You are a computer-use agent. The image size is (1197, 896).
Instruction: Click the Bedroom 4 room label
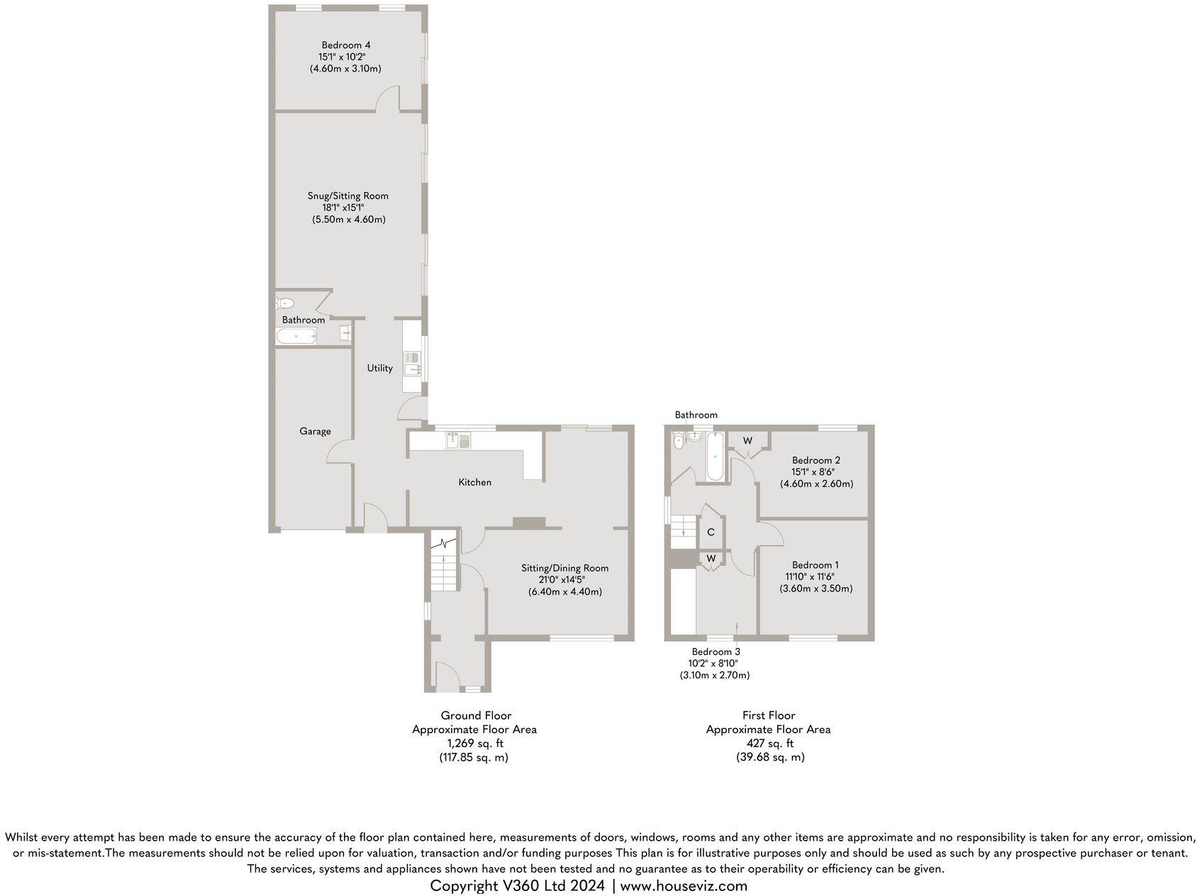click(345, 45)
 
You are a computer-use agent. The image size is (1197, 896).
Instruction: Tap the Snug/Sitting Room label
click(347, 196)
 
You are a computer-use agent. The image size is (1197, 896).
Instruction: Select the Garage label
click(315, 431)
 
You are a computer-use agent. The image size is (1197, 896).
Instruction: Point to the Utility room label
click(379, 368)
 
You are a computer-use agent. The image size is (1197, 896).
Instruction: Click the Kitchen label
click(474, 482)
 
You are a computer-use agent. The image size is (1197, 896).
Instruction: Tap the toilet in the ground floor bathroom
click(285, 303)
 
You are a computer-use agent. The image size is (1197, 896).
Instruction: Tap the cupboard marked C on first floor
click(711, 532)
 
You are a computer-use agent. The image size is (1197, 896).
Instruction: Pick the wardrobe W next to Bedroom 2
click(747, 441)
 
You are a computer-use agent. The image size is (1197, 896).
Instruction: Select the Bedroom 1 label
click(815, 565)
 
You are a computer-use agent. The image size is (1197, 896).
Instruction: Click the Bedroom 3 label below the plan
click(716, 651)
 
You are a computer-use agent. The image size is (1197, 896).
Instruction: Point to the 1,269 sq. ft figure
click(474, 744)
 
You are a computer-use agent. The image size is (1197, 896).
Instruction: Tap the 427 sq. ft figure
click(769, 744)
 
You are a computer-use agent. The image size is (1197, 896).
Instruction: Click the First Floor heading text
click(769, 716)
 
